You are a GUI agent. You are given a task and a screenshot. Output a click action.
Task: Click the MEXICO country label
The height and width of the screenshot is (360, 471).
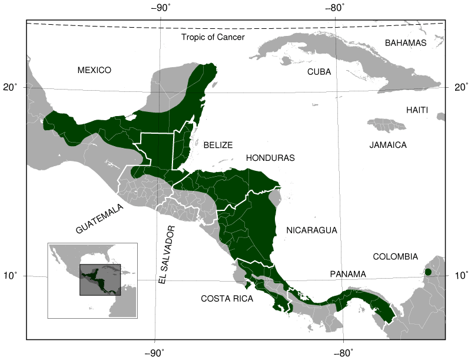(x=94, y=70)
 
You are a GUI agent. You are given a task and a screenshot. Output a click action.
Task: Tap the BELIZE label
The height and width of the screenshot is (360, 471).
(x=218, y=144)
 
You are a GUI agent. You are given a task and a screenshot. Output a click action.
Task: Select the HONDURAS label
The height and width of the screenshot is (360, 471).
(x=270, y=158)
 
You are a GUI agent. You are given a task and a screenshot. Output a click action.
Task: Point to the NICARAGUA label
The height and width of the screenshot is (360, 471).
(x=311, y=230)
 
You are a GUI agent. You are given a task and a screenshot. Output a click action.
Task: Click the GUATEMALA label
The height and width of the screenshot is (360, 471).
(x=99, y=219)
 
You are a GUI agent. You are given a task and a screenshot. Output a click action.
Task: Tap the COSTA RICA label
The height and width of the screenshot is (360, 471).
(x=227, y=299)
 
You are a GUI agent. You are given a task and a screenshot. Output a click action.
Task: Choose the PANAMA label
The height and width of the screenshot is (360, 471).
(x=348, y=274)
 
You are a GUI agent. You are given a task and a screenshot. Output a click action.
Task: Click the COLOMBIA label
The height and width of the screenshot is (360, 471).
(x=395, y=257)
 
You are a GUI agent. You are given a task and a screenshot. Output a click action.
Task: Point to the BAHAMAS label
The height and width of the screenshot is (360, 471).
(x=405, y=43)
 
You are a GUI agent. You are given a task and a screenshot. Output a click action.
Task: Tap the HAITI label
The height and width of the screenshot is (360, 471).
(x=417, y=110)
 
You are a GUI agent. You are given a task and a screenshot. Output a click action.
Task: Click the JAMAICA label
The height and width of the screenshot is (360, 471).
(x=388, y=144)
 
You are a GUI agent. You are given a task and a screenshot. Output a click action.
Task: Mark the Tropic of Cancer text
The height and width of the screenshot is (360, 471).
(x=213, y=37)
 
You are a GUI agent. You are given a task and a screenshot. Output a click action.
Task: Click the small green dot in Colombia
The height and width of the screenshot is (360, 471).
(x=428, y=272)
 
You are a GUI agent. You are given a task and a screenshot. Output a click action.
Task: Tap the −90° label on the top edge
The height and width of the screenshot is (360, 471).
(x=161, y=8)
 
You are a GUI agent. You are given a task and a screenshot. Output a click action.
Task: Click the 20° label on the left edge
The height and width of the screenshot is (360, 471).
(x=12, y=88)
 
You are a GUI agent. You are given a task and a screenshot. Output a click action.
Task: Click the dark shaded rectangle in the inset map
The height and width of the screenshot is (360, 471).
(x=100, y=279)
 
